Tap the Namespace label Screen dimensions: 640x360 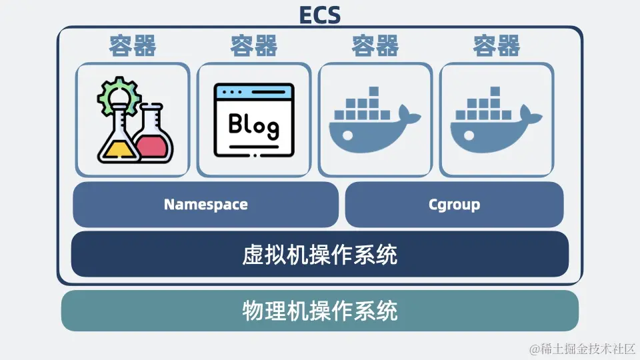(x=205, y=205)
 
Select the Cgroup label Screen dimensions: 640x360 (x=454, y=205)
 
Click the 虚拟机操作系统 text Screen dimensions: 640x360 (x=320, y=254)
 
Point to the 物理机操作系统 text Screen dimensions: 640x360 (x=320, y=311)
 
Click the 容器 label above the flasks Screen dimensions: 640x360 (x=133, y=46)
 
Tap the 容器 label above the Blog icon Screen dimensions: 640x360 (x=254, y=46)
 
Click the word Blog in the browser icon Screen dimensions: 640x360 (x=253, y=123)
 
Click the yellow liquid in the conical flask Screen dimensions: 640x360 (x=117, y=149)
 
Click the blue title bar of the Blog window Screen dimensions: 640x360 (x=253, y=91)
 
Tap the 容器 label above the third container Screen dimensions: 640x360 (x=375, y=46)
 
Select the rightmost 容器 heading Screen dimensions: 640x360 (x=497, y=46)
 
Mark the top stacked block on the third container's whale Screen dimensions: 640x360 (x=373, y=91)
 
